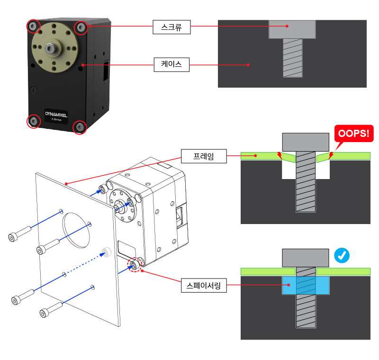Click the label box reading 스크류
[171, 27]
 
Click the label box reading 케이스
[171, 64]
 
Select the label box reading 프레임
[204, 155]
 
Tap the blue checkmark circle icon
[342, 256]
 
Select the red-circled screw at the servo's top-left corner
[33, 26]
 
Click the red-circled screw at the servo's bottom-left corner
[34, 121]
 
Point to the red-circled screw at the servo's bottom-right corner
[80, 127]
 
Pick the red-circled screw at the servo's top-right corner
[81, 27]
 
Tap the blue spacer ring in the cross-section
[306, 286]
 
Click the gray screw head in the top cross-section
[292, 29]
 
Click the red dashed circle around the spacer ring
[135, 265]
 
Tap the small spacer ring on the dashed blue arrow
[106, 252]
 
